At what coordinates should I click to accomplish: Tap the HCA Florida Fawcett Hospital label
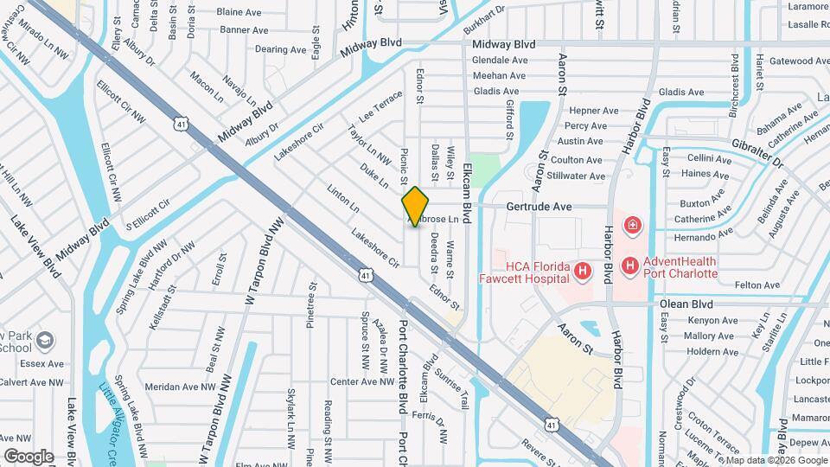click(x=525, y=272)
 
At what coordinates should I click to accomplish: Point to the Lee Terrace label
click(x=380, y=106)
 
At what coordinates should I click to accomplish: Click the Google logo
click(x=29, y=456)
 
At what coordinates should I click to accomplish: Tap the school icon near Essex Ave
click(x=45, y=339)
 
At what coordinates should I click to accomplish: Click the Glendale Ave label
click(x=500, y=61)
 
